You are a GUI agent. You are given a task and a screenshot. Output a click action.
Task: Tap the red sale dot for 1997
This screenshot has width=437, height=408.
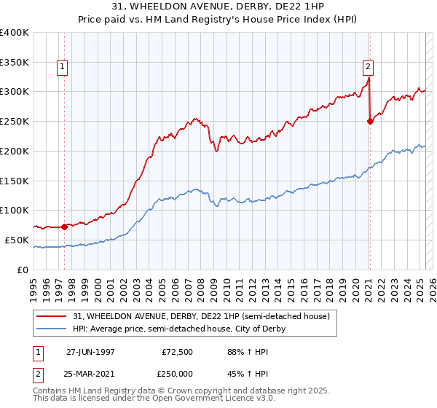(x=64, y=227)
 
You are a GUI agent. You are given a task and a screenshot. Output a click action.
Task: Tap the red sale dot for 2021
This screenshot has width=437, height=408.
(x=370, y=121)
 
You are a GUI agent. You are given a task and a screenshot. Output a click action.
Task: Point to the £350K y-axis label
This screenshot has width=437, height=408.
(x=15, y=62)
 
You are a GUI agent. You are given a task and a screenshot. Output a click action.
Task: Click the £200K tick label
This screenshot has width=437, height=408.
(x=15, y=151)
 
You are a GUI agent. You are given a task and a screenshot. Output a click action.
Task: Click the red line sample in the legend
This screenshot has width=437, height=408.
(x=51, y=316)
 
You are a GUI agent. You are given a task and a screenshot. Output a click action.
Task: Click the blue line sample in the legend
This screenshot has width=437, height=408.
(x=51, y=329)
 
